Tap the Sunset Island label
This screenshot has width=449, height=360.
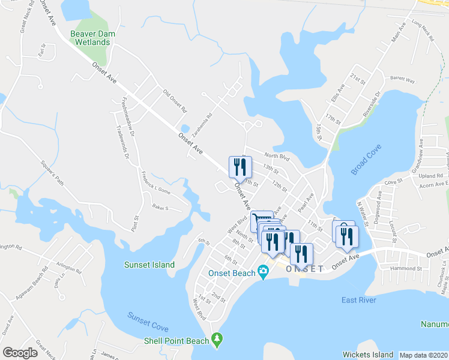coord(149,265)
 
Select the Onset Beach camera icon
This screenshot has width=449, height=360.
coord(264,273)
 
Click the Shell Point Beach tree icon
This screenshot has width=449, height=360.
coord(217,340)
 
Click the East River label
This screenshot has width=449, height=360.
coord(358,300)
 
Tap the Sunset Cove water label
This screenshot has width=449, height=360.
coord(148,322)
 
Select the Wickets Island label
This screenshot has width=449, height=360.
coord(367,355)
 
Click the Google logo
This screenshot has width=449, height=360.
coord(20,353)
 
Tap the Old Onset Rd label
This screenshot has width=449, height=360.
coord(175,101)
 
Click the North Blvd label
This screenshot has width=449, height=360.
coord(277,157)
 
